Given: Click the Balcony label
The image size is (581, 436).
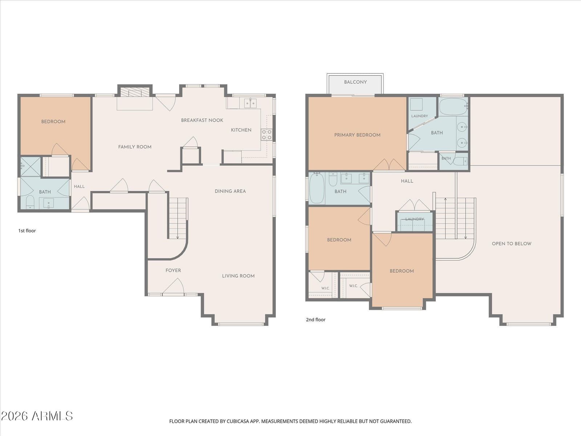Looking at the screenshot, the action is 355,82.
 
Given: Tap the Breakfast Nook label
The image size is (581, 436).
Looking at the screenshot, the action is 202,120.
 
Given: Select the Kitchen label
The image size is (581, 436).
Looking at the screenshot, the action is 241,130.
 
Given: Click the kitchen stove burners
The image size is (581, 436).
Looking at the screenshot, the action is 267,134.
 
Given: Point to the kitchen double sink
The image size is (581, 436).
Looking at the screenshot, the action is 250,103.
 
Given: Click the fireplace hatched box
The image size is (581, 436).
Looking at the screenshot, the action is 135,92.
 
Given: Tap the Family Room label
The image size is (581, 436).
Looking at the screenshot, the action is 135,147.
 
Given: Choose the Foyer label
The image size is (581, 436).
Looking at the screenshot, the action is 173,270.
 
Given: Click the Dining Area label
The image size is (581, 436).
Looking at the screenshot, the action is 230,191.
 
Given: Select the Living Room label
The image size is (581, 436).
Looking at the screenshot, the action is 238,276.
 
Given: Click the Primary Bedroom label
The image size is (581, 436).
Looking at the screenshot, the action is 357,135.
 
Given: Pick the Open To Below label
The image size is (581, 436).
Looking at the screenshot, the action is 511,243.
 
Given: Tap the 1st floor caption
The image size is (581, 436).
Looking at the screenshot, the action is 27,231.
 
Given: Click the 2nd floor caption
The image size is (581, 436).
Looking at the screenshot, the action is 316,319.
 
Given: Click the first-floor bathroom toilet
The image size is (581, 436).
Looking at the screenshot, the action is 30,202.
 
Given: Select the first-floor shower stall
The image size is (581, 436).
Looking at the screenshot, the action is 31,167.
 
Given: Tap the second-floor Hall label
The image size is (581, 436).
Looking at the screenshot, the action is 407,181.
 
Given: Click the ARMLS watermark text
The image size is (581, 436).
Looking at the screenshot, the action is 37,416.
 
